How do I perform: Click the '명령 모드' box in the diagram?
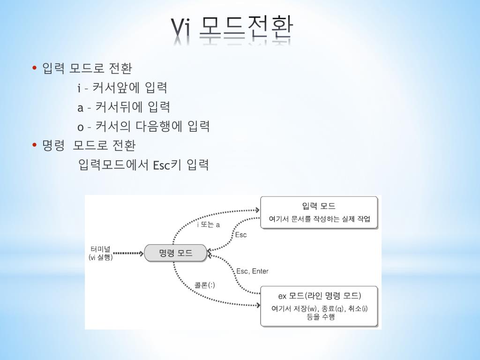175,254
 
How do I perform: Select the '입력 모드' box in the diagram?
319,212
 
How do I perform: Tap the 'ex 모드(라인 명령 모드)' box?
319,306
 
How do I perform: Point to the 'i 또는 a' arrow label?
208,225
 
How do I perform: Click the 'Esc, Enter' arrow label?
252,271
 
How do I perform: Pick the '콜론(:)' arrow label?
205,285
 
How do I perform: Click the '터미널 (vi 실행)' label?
100,253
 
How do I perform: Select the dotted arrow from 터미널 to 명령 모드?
128,254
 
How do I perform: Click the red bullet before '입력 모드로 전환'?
35,68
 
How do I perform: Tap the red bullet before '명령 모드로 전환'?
35,145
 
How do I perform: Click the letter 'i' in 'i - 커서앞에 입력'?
79,88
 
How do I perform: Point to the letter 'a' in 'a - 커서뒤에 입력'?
80,107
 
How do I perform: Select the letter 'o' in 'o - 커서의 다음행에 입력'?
81,127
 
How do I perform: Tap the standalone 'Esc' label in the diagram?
240,234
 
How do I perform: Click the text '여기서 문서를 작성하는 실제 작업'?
319,219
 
